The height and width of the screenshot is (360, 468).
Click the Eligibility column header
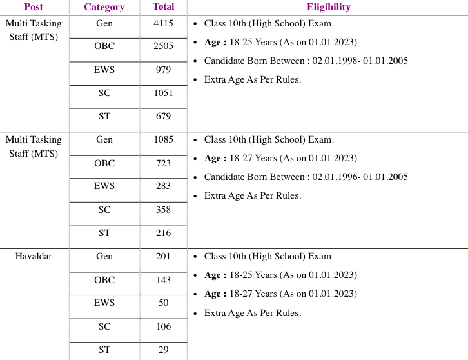(x=329, y=7)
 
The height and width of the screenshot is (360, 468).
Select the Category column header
(x=104, y=7)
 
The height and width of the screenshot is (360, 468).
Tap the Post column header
(x=34, y=7)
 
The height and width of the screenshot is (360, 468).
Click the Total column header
(x=163, y=7)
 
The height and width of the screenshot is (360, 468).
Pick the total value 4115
(x=163, y=24)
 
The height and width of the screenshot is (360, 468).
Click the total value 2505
(x=163, y=46)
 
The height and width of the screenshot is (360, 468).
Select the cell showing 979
(x=163, y=70)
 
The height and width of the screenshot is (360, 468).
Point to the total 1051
(x=163, y=93)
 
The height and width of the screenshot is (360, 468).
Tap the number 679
(x=163, y=116)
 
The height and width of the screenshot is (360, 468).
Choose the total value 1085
(x=163, y=139)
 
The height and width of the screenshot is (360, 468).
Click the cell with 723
(x=163, y=163)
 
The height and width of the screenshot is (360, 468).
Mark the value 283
(x=163, y=186)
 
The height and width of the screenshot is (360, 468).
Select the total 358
(x=163, y=210)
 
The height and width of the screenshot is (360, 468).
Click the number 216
(x=163, y=233)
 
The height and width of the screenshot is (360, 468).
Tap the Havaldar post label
(x=34, y=256)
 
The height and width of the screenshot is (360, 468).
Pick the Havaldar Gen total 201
(x=163, y=256)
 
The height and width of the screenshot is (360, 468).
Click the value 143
(x=163, y=280)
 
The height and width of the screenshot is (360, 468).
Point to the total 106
(x=163, y=326)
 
